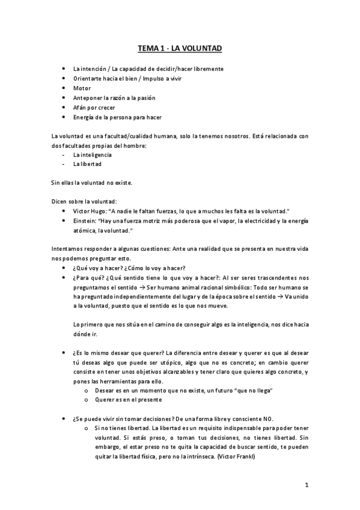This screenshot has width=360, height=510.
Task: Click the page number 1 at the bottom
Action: point(306,485)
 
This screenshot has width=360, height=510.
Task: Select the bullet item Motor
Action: point(82,88)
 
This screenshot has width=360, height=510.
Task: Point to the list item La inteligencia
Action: point(92,155)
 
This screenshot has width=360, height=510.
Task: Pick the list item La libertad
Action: point(87,164)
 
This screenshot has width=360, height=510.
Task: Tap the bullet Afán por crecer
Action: point(94,107)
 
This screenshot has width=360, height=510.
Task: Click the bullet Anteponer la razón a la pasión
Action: point(114,97)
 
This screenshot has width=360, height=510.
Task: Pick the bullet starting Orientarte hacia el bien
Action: point(114,78)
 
